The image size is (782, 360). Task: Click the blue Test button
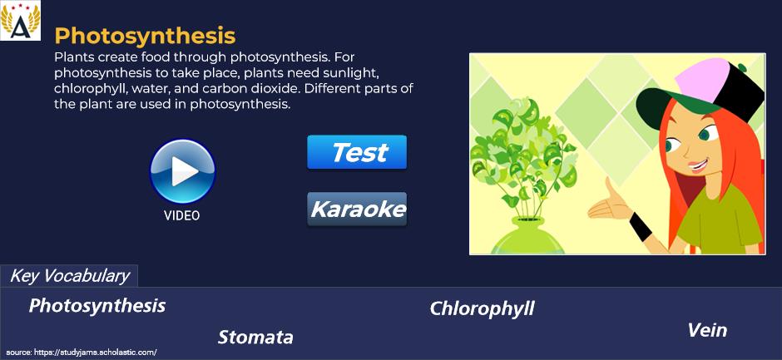[357, 152]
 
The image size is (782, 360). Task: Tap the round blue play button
[182, 171]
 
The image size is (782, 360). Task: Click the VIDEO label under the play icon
[182, 215]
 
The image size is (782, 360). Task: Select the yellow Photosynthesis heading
[145, 36]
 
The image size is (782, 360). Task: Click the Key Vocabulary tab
[69, 276]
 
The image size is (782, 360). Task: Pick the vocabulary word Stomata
[255, 338]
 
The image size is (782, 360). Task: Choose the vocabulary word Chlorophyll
[482, 308]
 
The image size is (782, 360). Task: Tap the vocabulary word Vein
[707, 330]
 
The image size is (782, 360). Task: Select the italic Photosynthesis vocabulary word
[97, 306]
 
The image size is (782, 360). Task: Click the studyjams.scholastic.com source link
[82, 352]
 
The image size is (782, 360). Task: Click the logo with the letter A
[21, 21]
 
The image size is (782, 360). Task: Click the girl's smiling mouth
[698, 165]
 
